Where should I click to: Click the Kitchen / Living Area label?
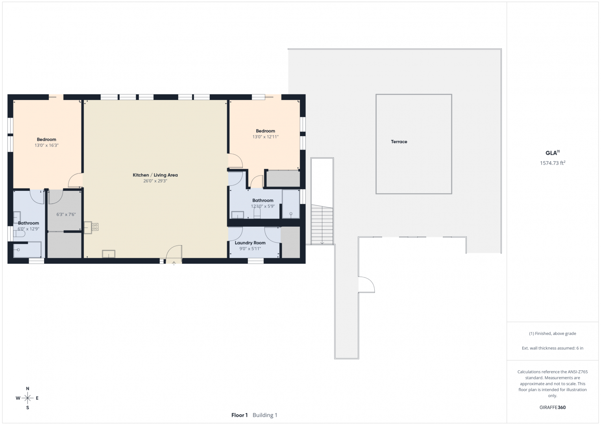tap(155, 175)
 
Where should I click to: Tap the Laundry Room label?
tap(250, 243)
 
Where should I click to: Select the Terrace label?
tap(399, 142)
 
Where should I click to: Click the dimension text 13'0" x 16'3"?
tap(46, 146)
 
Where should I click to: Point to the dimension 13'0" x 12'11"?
tap(265, 137)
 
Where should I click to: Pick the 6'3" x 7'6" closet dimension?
tap(66, 214)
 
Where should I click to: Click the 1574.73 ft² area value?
tap(553, 163)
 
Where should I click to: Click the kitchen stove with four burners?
tap(95, 227)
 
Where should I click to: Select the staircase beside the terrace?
tap(322, 224)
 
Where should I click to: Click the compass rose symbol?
tap(28, 398)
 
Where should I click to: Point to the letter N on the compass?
tap(28, 388)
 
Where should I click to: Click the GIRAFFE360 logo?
tap(553, 407)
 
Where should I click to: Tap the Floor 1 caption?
tap(239, 415)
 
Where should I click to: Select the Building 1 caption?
tap(265, 415)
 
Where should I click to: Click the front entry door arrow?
tap(174, 264)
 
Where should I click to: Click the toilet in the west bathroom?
tap(19, 234)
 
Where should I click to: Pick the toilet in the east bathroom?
tap(257, 213)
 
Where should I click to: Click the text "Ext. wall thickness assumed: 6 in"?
tap(553, 348)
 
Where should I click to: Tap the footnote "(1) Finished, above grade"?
tap(553, 334)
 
